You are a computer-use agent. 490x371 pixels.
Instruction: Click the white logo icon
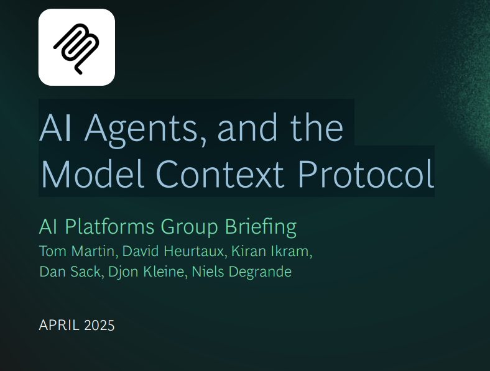(76, 47)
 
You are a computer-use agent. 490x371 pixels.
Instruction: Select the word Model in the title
(93, 173)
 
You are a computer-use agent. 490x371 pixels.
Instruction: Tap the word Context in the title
(220, 173)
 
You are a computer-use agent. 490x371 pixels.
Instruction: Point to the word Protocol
(366, 173)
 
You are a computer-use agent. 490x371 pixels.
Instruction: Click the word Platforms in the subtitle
(109, 226)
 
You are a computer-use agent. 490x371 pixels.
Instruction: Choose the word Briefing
(261, 227)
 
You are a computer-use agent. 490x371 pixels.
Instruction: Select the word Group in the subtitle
(190, 227)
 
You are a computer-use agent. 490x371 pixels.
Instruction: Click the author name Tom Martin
(77, 251)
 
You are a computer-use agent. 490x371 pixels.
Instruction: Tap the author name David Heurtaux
(173, 251)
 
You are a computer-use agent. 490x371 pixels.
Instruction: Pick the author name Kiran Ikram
(270, 251)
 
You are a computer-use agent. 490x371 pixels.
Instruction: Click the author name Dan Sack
(70, 272)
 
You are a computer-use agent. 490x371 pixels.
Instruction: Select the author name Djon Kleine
(146, 272)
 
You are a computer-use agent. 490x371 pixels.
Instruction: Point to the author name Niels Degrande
(241, 272)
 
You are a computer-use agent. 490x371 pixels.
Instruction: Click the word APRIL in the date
(58, 326)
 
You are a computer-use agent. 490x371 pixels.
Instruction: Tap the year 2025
(99, 326)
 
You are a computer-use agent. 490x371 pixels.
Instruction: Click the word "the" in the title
(317, 127)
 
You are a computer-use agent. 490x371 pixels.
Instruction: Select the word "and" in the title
(247, 127)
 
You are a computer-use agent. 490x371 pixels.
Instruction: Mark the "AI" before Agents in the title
(55, 127)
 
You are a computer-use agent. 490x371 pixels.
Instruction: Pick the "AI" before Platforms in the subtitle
(48, 226)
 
